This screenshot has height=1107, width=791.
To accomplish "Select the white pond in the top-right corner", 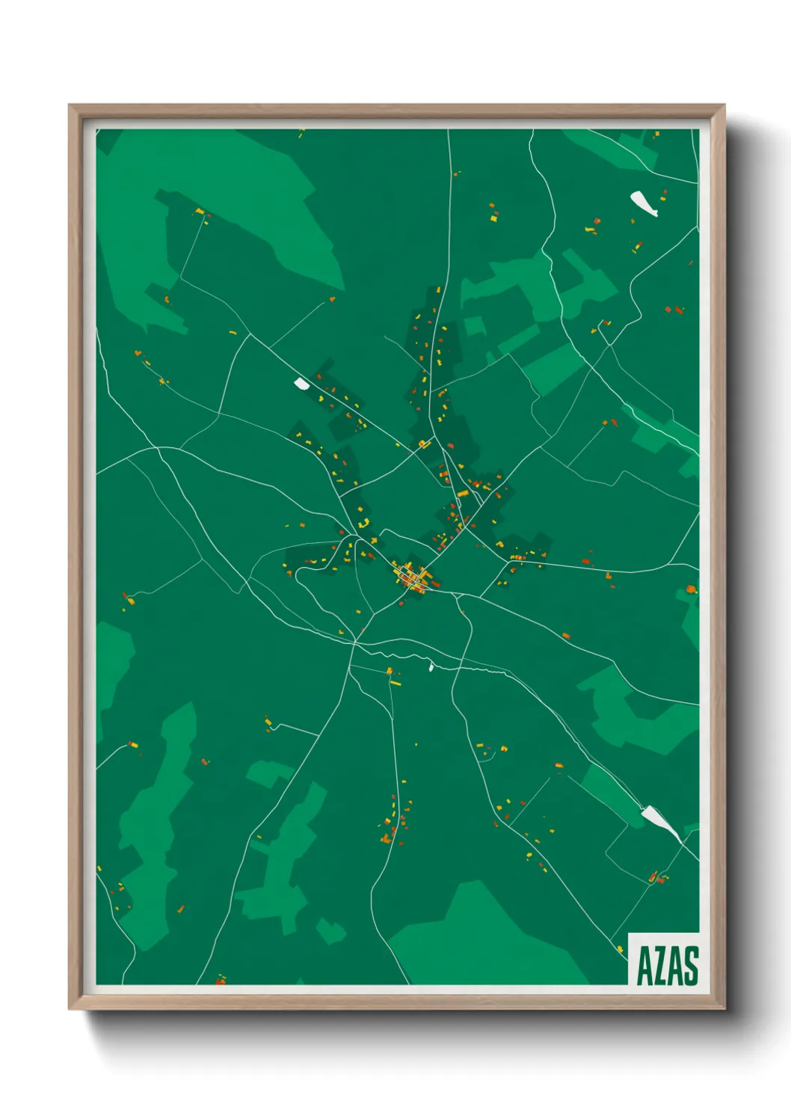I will point(643,203).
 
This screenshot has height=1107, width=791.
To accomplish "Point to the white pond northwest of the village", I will point(301,384).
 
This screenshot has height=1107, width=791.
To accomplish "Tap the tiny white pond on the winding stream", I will point(431,666).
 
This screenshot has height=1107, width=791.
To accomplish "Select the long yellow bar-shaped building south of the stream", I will point(395,683).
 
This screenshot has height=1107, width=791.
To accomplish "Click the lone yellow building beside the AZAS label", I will point(619,949).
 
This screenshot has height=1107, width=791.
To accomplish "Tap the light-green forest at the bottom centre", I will point(478,935).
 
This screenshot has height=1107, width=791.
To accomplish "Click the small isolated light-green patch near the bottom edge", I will point(330,930).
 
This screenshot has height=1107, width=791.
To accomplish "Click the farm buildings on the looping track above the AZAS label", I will point(657,877).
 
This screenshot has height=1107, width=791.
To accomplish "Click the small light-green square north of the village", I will point(474,326).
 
